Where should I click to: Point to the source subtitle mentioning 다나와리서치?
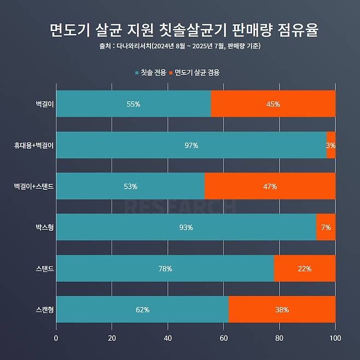pyautogui.click(x=180, y=46)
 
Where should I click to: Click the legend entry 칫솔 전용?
pyautogui.click(x=152, y=72)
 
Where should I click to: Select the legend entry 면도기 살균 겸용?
pyautogui.click(x=197, y=72)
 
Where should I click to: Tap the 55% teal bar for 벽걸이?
pyautogui.click(x=133, y=104)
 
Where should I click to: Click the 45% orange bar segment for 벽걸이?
pyautogui.click(x=272, y=104)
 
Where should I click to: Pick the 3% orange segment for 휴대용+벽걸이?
pyautogui.click(x=330, y=145)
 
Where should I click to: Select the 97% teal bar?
pyautogui.click(x=191, y=145)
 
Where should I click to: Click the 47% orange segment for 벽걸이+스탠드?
pyautogui.click(x=270, y=187)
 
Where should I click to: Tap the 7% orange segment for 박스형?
pyautogui.click(x=326, y=228)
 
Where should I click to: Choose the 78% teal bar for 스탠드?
pyautogui.click(x=165, y=269)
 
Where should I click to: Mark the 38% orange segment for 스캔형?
pyautogui.click(x=282, y=310)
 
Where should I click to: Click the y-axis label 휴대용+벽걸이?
pyautogui.click(x=34, y=145)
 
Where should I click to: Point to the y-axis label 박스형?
pyautogui.click(x=44, y=228)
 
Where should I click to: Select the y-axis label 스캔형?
pyautogui.click(x=44, y=310)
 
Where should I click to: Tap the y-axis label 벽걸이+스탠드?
pyautogui.click(x=34, y=187)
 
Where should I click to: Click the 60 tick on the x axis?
pyautogui.click(x=224, y=338)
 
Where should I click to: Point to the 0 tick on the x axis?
pyautogui.click(x=56, y=338)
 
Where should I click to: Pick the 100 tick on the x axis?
pyautogui.click(x=335, y=338)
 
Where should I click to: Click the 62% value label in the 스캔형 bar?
pyautogui.click(x=142, y=310)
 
